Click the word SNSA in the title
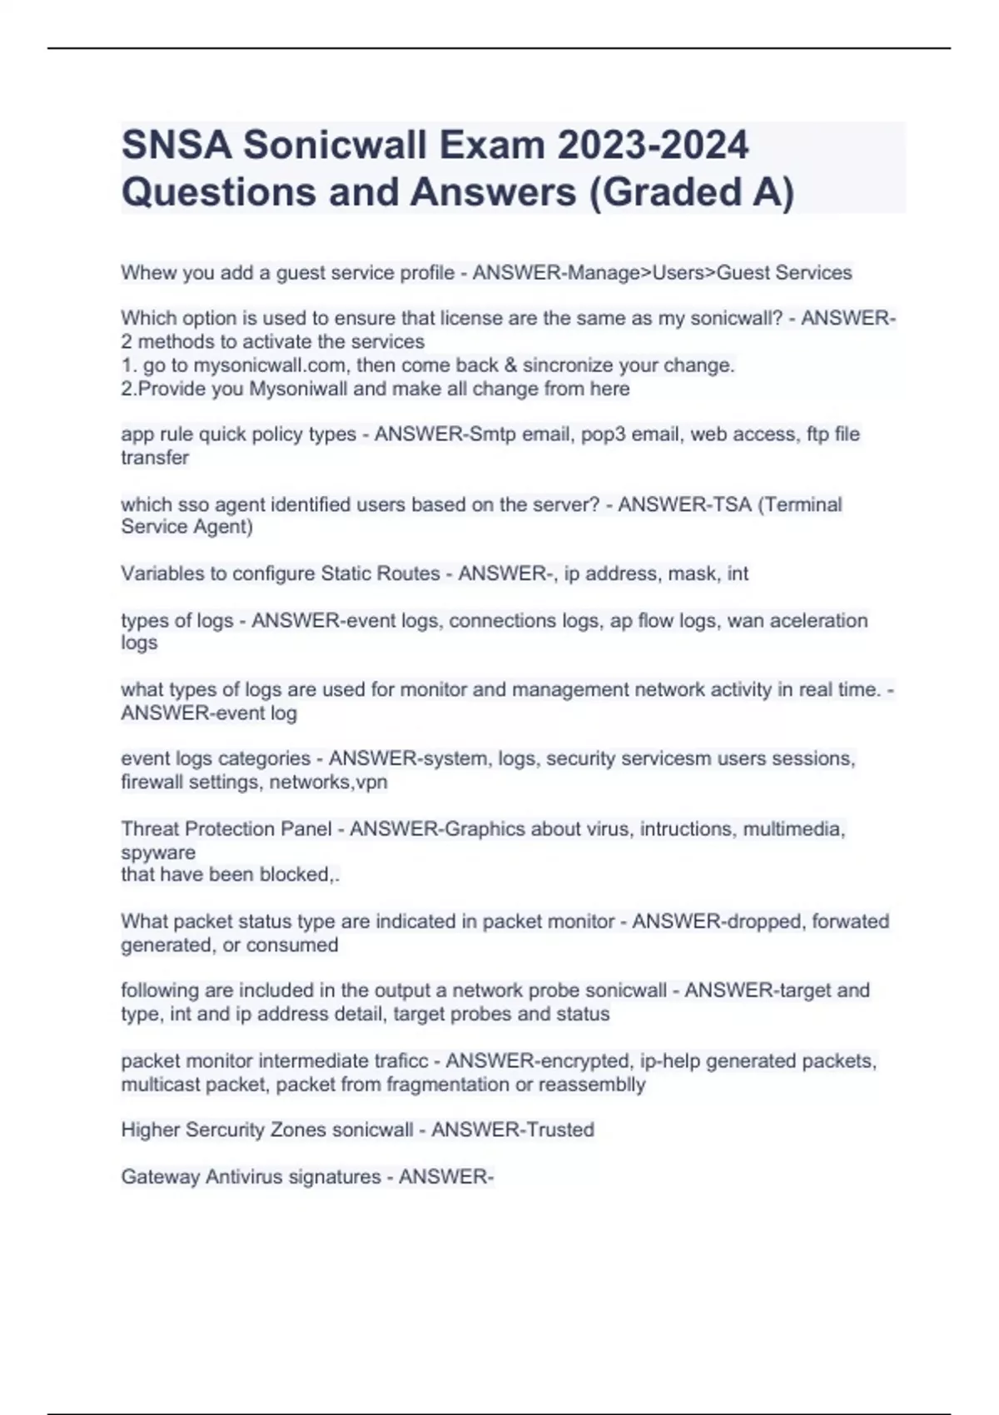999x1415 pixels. coord(176,146)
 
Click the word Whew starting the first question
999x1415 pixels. coord(145,273)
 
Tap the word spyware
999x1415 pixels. coord(158,852)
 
